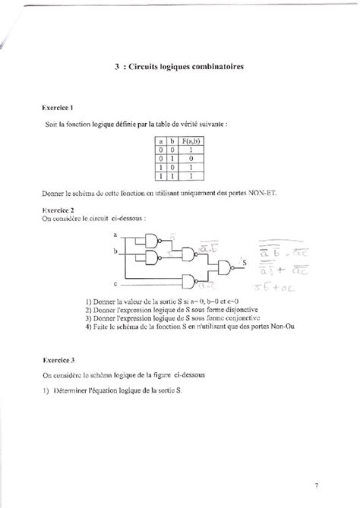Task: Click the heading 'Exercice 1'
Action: pos(58,109)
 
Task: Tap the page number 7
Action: pos(316,483)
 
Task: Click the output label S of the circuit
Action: pos(245,262)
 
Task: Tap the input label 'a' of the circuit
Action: pos(114,235)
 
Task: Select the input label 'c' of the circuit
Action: pos(114,284)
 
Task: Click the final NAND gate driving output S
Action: pos(226,265)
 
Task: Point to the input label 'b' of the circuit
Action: pos(114,250)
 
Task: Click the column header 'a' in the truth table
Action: pos(161,140)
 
